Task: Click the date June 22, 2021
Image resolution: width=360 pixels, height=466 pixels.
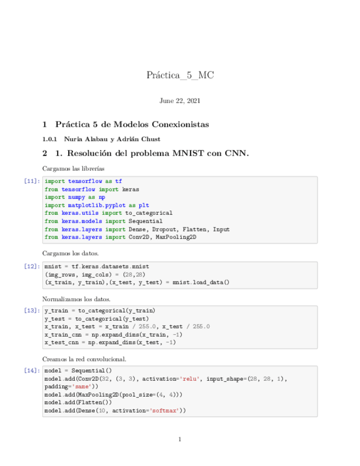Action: (x=180, y=101)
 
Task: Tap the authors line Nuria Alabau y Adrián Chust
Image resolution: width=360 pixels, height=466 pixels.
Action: (x=112, y=139)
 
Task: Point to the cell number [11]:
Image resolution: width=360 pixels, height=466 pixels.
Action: (x=32, y=181)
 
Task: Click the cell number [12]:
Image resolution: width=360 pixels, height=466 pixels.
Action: (x=32, y=267)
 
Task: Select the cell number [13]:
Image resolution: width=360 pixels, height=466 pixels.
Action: (x=32, y=310)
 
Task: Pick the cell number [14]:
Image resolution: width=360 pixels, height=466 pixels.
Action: (x=32, y=371)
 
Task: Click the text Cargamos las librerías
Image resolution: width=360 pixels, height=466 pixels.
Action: (x=73, y=168)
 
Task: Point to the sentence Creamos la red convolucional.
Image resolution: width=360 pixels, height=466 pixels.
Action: (x=84, y=359)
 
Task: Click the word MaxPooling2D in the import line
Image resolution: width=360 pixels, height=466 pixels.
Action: (x=176, y=237)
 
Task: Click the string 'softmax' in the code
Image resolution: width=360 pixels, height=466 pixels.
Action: (x=164, y=410)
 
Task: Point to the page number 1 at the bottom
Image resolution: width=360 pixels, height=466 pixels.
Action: (x=180, y=439)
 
